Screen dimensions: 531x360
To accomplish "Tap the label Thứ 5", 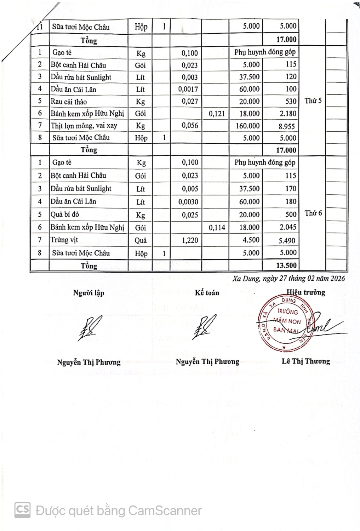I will (x=313, y=101).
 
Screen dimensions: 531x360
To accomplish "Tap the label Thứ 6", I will (x=313, y=213).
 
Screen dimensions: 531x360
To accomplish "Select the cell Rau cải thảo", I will (x=69, y=102).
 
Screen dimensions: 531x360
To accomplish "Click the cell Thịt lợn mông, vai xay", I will (x=84, y=126).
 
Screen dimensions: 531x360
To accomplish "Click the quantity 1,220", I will (x=190, y=240).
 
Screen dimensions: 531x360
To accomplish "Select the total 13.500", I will (x=286, y=265).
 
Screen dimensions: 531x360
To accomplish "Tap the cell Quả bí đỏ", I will (x=65, y=215).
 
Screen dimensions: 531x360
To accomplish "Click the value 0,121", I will (x=217, y=114).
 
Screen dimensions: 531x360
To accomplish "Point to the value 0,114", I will (x=217, y=228).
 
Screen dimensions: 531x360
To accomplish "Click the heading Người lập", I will (x=88, y=293).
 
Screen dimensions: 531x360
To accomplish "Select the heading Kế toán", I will (x=207, y=293).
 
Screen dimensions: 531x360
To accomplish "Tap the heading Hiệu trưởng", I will (x=305, y=292).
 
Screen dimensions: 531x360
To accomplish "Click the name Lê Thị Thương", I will (x=306, y=361).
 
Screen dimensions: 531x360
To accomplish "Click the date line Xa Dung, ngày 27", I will (x=289, y=278).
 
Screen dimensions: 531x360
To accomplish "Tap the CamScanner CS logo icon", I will (x=22, y=510).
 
